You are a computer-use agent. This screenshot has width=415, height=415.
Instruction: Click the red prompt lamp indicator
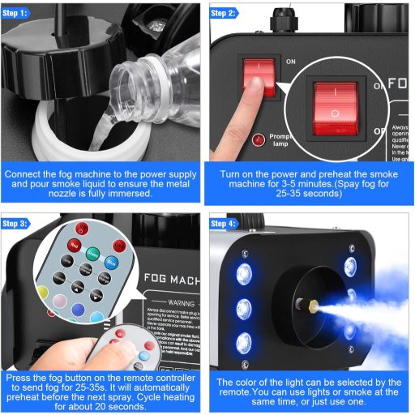259,140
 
